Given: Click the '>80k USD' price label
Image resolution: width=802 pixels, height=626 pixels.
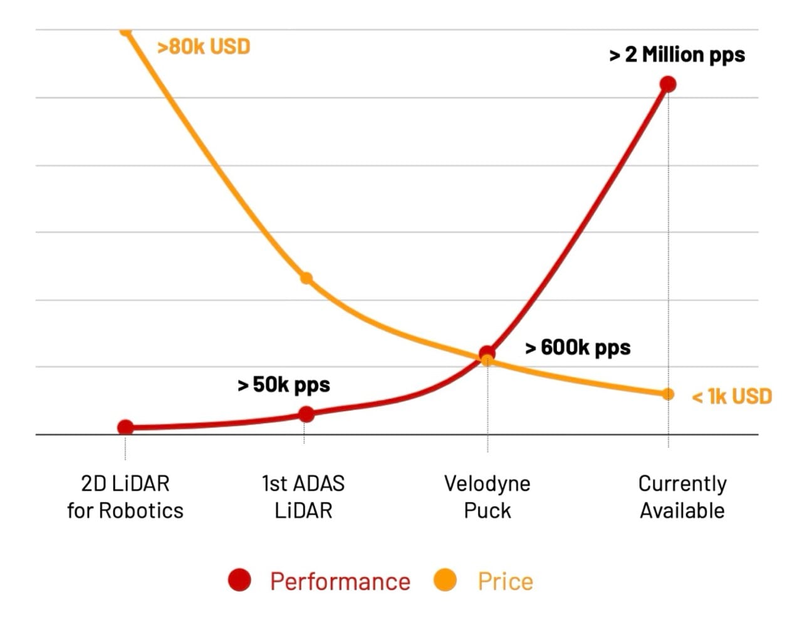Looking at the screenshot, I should [204, 47].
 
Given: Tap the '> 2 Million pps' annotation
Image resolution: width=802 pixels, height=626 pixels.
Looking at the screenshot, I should [677, 55].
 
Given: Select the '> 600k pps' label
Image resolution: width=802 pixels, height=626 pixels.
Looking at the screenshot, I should [578, 348].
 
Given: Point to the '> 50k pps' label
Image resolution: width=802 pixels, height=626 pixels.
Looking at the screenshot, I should [284, 385].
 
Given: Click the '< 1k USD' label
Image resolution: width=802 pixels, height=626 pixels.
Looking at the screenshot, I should [732, 397].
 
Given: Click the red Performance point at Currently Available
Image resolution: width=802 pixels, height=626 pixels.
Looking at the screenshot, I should [668, 84].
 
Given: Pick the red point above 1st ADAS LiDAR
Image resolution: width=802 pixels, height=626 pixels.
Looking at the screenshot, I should [306, 414].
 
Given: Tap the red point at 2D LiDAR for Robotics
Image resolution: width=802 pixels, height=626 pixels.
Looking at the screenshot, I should [125, 427].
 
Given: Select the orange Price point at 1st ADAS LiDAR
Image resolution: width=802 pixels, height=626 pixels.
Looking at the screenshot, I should [306, 278].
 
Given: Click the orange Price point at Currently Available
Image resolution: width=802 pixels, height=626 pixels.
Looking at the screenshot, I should [668, 394].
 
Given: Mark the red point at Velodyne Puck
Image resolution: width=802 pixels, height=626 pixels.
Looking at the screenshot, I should [487, 353].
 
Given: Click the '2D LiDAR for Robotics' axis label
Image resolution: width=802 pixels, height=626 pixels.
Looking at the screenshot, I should [125, 497].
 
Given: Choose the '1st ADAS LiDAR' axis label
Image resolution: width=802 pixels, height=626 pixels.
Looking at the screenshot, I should [303, 497].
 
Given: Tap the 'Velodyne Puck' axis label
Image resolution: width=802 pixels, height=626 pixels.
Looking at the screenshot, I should [487, 497].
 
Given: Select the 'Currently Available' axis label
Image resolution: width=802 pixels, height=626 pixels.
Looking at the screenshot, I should [682, 497].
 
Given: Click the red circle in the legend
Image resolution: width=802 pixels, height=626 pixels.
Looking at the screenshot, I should [239, 580].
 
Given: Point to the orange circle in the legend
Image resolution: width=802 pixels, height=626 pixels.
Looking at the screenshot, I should [445, 580].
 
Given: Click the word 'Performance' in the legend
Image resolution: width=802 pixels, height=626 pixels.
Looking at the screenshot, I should [340, 582].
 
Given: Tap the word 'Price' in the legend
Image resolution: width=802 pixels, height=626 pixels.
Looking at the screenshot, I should [505, 582].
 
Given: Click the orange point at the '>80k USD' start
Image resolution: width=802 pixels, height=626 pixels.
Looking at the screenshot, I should [125, 31].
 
